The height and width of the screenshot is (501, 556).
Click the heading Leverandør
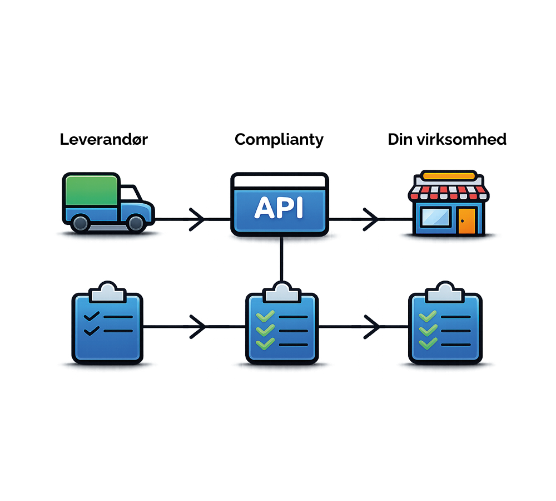click(103, 139)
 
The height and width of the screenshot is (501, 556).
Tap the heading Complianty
click(279, 139)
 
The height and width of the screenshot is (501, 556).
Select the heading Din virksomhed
click(447, 139)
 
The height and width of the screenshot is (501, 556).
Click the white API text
click(279, 208)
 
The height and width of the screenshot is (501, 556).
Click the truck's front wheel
click(135, 223)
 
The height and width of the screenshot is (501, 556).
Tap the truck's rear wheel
click(81, 223)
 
